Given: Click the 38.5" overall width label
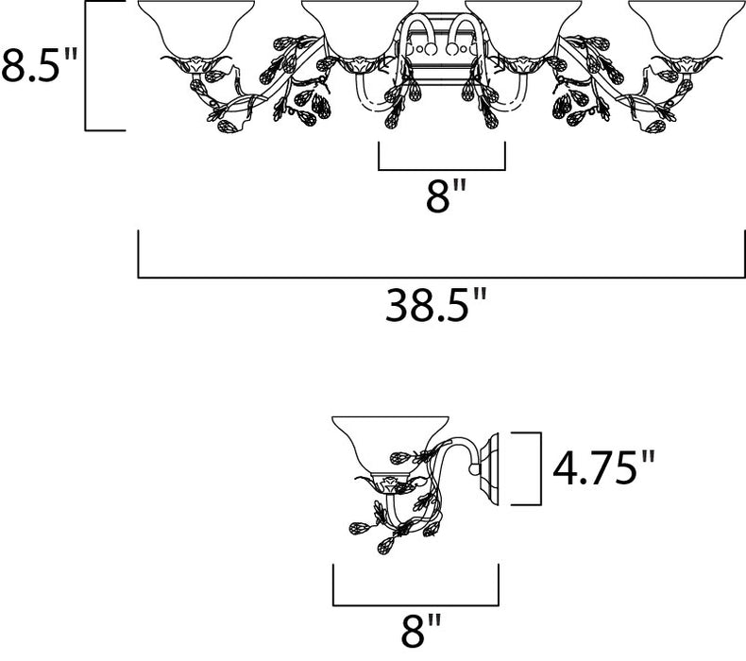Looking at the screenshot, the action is coord(436,306).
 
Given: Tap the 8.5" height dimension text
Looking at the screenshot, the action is coord(39,65).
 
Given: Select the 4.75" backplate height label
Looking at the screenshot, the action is coord(603,468).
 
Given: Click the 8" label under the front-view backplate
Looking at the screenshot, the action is coord(445,195).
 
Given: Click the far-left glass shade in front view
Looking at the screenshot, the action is coord(195,29).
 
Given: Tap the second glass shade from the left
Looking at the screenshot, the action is coord(360,29).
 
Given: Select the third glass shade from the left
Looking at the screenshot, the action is coord(523,29).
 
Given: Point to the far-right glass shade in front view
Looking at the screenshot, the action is coord(687,29).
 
